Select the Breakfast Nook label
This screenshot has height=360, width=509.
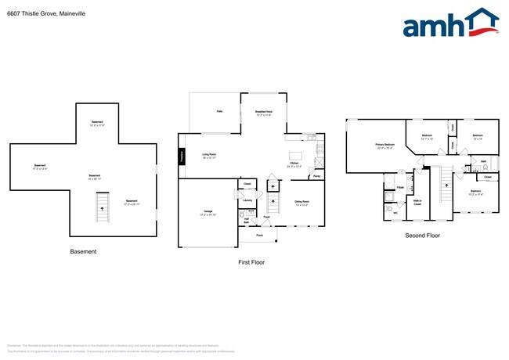(x=264, y=113)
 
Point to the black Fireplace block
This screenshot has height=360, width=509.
(x=181, y=156)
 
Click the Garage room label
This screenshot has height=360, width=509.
(x=208, y=213)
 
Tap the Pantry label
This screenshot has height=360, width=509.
(x=316, y=176)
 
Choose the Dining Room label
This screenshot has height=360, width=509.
(x=302, y=203)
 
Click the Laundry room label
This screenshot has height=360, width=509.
(x=246, y=200)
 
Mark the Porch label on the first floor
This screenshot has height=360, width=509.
(x=259, y=235)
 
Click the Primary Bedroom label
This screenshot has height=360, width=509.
(x=384, y=146)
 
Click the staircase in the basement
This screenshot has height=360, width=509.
(x=99, y=207)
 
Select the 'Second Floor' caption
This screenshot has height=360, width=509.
(x=422, y=235)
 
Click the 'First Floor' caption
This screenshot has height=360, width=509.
(x=251, y=262)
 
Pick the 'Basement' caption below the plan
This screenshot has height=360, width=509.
(x=84, y=251)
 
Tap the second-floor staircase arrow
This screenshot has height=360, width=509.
(x=448, y=186)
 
